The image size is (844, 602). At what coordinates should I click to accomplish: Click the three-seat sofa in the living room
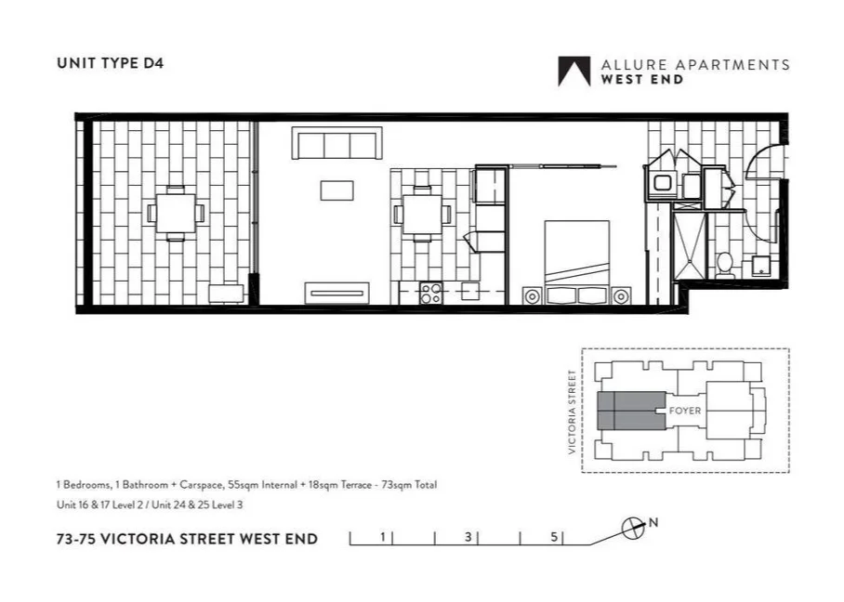click(336, 144)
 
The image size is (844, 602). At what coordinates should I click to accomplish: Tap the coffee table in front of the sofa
click(336, 190)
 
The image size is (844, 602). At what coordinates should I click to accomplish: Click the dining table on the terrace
click(176, 213)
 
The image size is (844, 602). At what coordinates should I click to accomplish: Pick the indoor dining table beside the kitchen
click(422, 214)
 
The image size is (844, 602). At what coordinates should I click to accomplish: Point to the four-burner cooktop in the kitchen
click(430, 294)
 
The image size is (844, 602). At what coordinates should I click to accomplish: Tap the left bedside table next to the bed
click(533, 296)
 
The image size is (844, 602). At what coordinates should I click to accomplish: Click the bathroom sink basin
click(760, 266)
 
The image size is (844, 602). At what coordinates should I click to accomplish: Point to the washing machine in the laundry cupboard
click(663, 183)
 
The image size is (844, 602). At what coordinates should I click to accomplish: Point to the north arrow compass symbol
click(633, 528)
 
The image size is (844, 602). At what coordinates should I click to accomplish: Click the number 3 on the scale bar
click(469, 536)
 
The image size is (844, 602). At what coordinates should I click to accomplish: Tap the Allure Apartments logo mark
click(574, 72)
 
